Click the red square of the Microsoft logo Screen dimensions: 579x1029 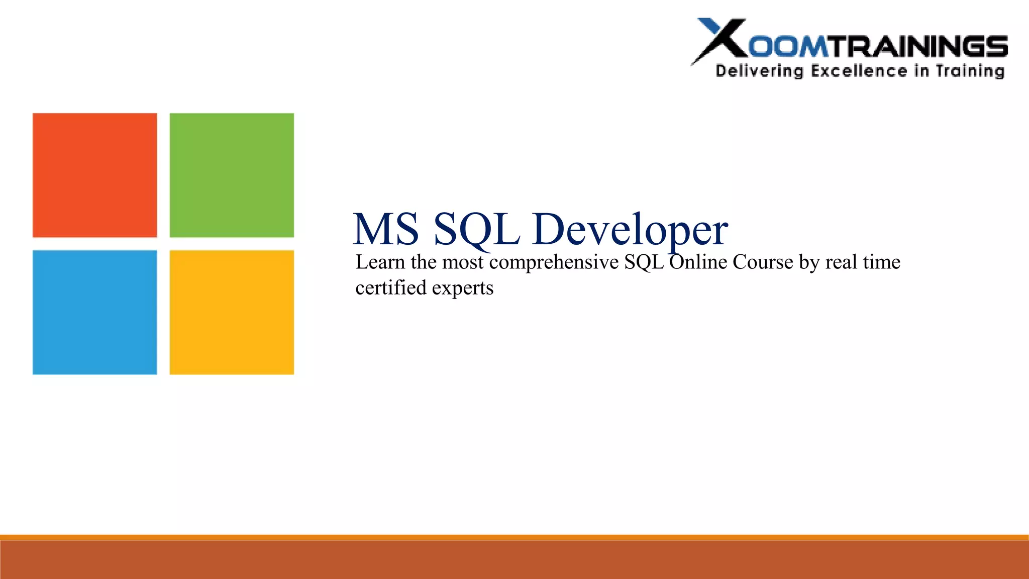pos(94,175)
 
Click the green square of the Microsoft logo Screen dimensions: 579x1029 pos(232,175)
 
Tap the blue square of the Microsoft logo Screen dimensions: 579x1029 pos(94,312)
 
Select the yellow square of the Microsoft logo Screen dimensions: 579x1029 pos(232,312)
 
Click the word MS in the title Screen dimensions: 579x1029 pos(386,229)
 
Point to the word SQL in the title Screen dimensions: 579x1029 pos(476,229)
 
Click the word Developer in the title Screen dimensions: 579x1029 pos(630,229)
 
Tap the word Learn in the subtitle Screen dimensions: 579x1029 pos(380,262)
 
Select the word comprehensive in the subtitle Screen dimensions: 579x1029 pos(554,263)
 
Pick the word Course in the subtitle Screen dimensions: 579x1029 pos(763,262)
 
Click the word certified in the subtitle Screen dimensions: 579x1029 pos(390,287)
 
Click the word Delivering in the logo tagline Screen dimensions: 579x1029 pos(759,71)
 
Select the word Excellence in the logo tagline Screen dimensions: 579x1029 pos(859,71)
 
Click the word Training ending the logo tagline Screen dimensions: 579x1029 pos(970,71)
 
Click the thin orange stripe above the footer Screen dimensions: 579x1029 pos(514,537)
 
